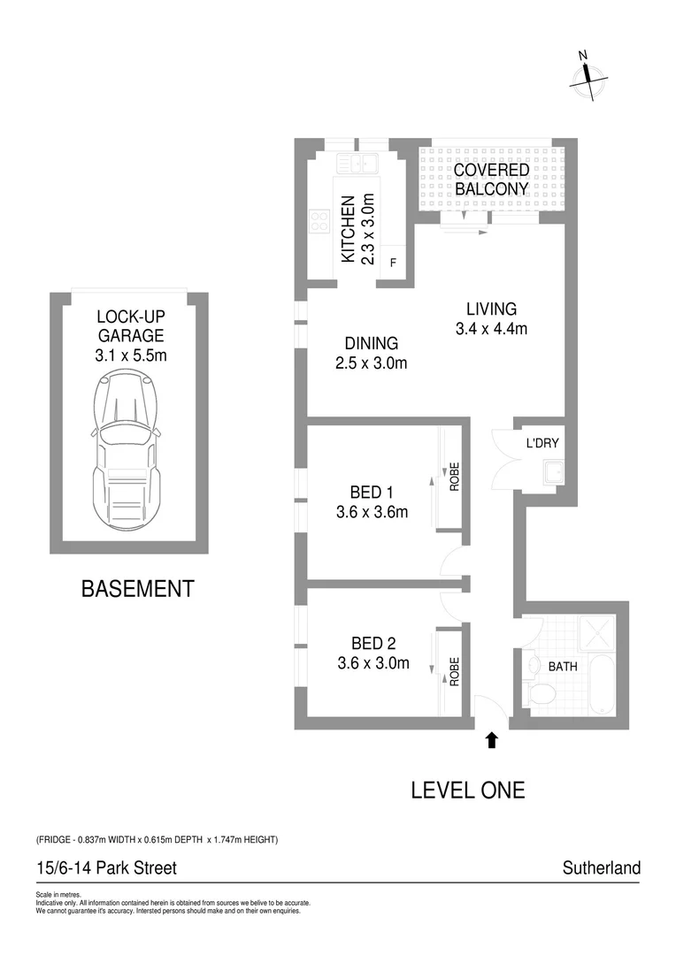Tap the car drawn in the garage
click(x=123, y=449)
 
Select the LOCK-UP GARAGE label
click(x=131, y=325)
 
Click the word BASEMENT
click(x=137, y=588)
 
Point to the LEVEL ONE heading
click(x=467, y=790)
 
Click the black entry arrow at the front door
click(x=491, y=739)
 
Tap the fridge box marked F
click(x=393, y=262)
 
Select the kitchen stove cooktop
click(x=319, y=221)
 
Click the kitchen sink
click(x=357, y=163)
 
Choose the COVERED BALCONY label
click(x=492, y=180)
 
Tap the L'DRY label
click(x=542, y=443)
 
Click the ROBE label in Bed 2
click(x=455, y=672)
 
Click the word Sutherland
click(x=601, y=867)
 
